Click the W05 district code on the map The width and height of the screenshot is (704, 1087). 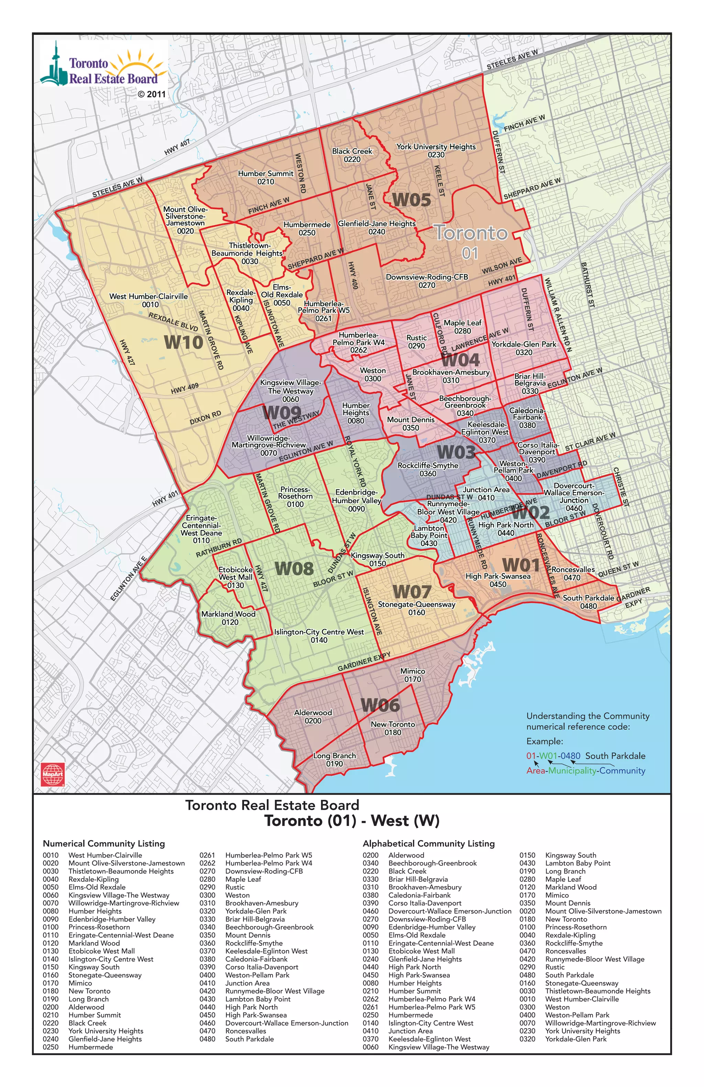coord(411,200)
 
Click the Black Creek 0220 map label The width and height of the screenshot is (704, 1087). coord(352,155)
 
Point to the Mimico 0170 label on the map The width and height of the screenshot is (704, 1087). coord(412,675)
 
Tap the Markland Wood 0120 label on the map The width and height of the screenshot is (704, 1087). coord(229,618)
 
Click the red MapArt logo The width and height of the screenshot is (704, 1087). coord(53,774)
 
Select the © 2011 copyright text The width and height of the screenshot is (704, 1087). coord(152,94)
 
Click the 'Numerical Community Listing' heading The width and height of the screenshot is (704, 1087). coord(104,843)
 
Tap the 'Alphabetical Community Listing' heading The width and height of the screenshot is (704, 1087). coord(428,843)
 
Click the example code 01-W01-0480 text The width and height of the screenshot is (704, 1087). coord(553,756)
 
